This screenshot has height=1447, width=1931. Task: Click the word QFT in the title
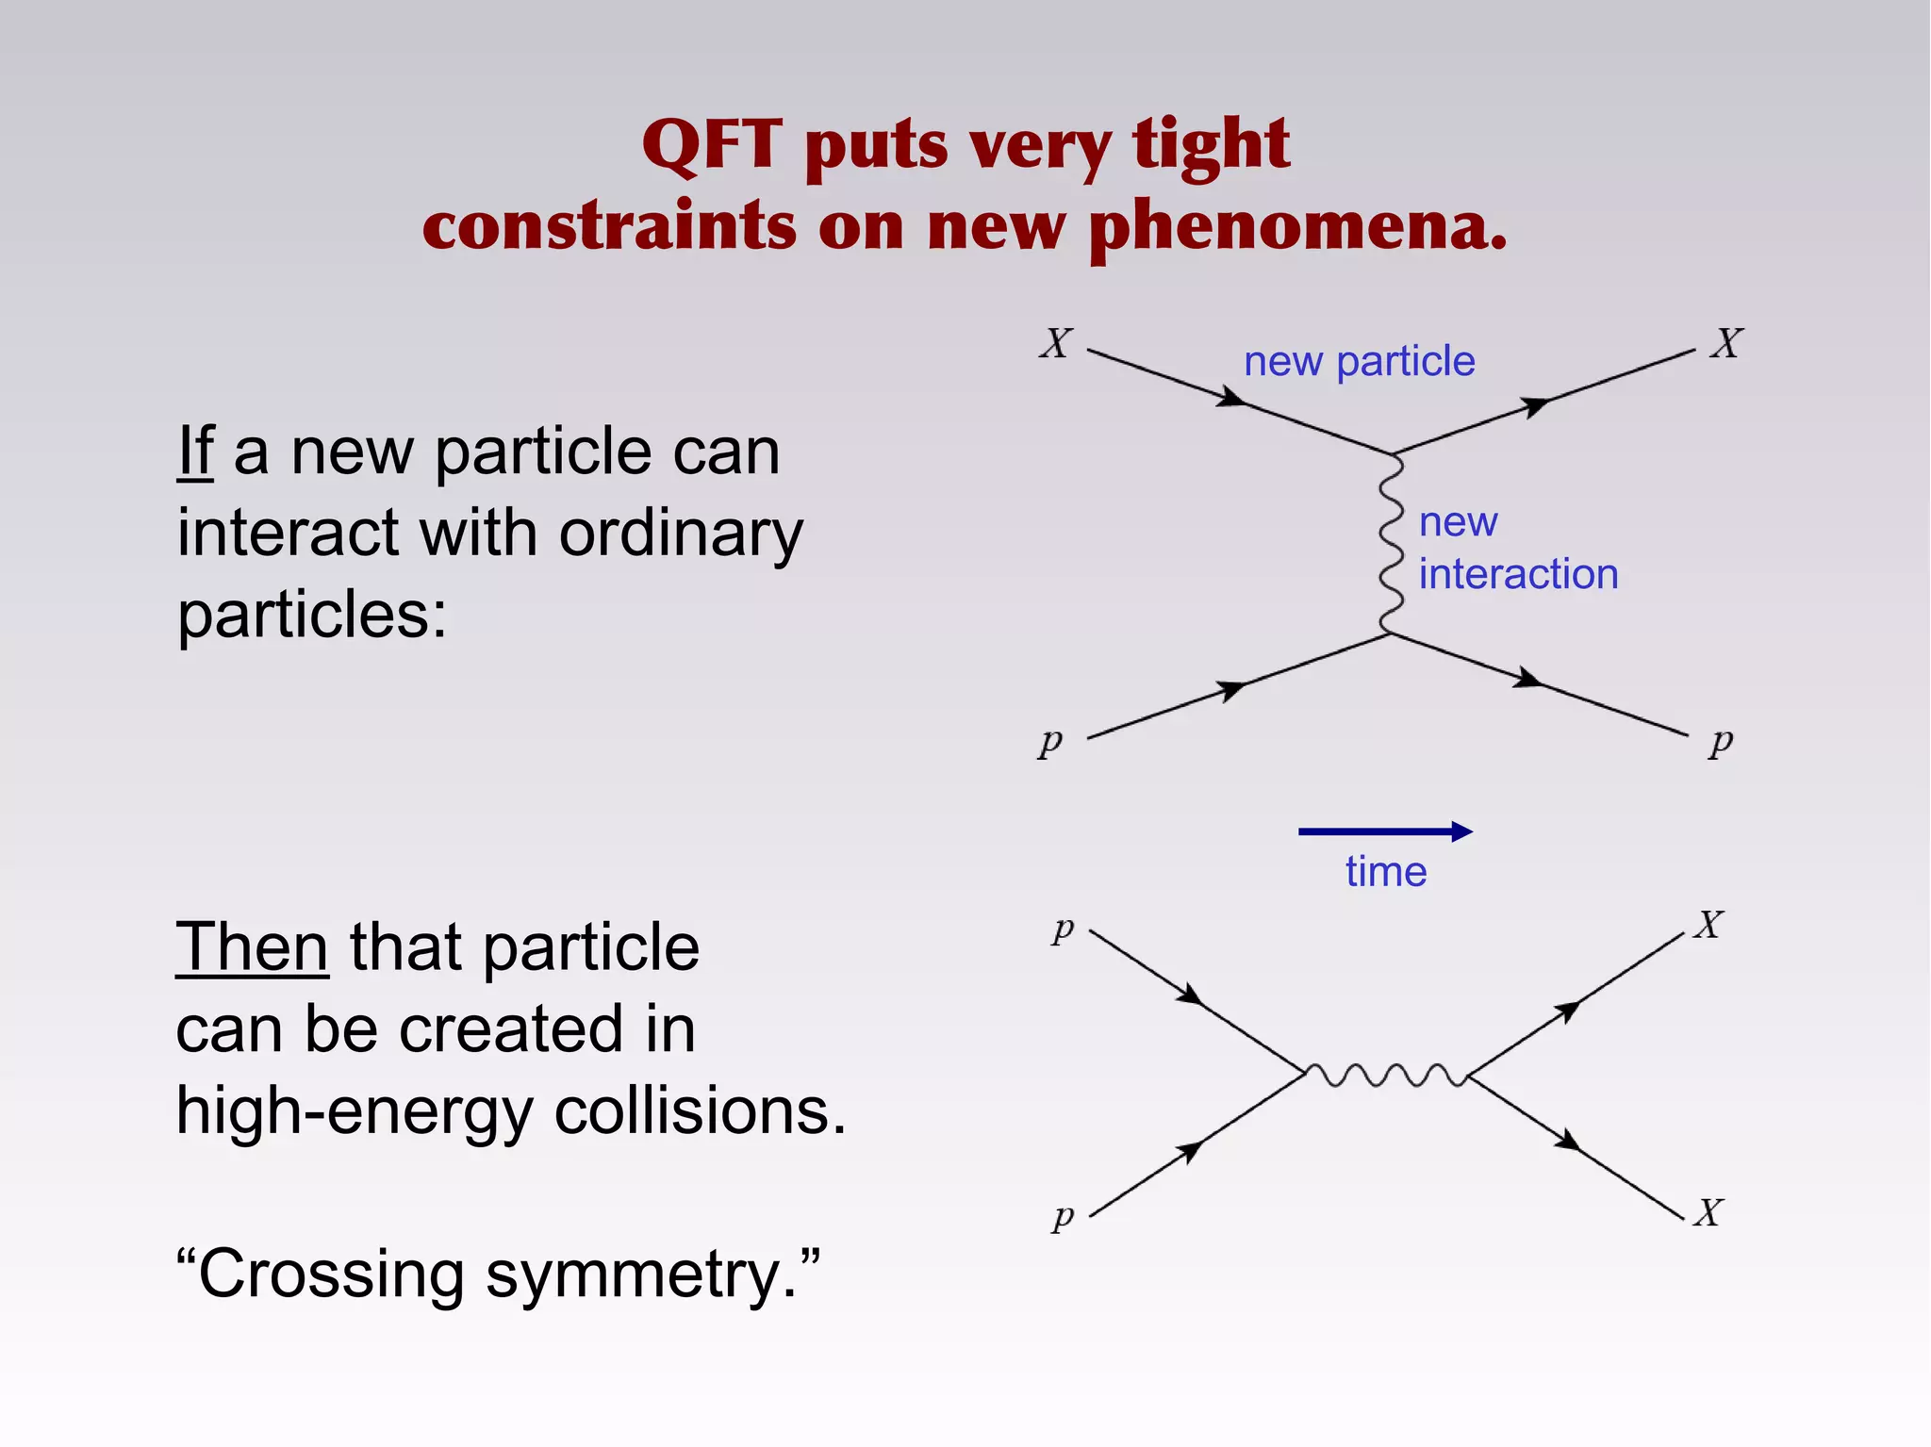pyautogui.click(x=712, y=146)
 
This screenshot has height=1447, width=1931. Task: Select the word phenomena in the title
pyautogui.click(x=1298, y=229)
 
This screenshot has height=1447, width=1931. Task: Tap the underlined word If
pyautogui.click(x=196, y=452)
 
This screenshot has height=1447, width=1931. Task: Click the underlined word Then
pyautogui.click(x=252, y=947)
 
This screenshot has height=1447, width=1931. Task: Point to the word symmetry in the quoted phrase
pyautogui.click(x=641, y=1274)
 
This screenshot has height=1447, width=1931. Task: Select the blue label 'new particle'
pyautogui.click(x=1359, y=362)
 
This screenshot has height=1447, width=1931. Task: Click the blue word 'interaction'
pyautogui.click(x=1518, y=574)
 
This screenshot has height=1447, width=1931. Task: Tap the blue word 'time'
pyautogui.click(x=1385, y=872)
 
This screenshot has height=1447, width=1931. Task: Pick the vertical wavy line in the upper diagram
pyautogui.click(x=1391, y=544)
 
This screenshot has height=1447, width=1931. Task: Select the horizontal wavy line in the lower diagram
pyautogui.click(x=1385, y=1075)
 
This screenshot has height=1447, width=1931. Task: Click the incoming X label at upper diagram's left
pyautogui.click(x=1056, y=343)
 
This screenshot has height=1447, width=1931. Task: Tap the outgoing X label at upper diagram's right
pyautogui.click(x=1726, y=343)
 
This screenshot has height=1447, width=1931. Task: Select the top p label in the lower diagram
pyautogui.click(x=1063, y=929)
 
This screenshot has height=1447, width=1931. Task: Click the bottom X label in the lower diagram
pyautogui.click(x=1708, y=1212)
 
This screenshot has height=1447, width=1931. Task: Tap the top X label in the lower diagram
pyautogui.click(x=1708, y=925)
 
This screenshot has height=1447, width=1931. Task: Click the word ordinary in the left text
pyautogui.click(x=681, y=534)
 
